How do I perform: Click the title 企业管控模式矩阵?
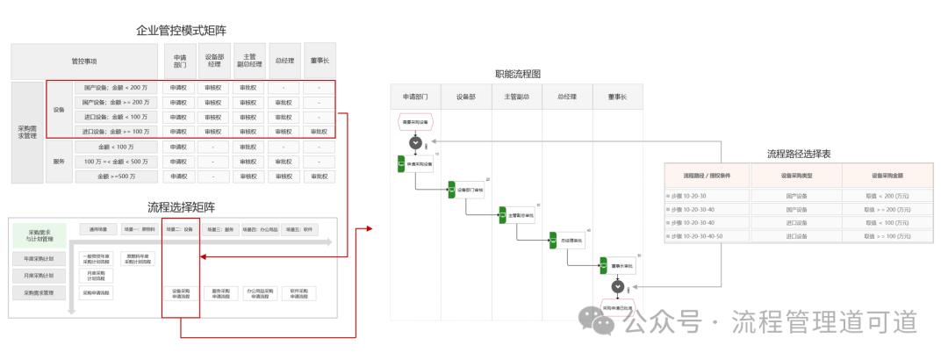tap(181, 31)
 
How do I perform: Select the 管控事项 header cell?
tap(84, 61)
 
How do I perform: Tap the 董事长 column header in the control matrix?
tap(319, 61)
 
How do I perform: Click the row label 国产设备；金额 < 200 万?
tap(116, 88)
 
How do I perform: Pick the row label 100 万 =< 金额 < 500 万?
tap(116, 162)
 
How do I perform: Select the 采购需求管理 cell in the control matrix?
tap(27, 132)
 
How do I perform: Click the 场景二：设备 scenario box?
tap(180, 229)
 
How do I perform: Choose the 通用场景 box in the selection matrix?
tap(97, 229)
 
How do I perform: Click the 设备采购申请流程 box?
tap(181, 293)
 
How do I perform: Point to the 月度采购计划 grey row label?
tap(39, 276)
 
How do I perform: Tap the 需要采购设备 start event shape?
tap(415, 122)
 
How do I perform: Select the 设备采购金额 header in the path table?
tap(887, 176)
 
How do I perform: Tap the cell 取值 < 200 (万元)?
tap(887, 197)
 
